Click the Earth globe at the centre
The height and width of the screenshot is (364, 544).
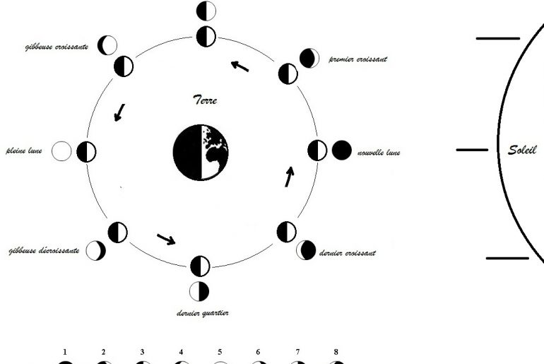tap(201, 153)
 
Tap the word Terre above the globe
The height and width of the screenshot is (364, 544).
tap(205, 100)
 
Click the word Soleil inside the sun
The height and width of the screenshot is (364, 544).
tap(522, 150)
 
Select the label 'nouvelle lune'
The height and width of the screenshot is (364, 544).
tap(379, 153)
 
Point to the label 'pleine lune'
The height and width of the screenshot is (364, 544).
tap(24, 151)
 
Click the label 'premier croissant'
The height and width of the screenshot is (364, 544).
tap(357, 59)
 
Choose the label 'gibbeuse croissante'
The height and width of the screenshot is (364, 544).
tap(57, 47)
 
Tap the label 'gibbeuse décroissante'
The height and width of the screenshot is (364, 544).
tap(44, 250)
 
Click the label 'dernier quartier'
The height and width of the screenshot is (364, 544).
tap(203, 313)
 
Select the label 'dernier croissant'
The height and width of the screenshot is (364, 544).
tap(348, 253)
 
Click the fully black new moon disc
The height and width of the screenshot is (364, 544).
tap(342, 151)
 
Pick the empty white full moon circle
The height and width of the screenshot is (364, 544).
tap(61, 151)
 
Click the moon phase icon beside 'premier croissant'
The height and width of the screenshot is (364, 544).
tap(309, 58)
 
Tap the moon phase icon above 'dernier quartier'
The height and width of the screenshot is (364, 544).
tap(199, 291)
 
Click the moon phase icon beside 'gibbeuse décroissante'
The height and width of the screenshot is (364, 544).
tap(96, 250)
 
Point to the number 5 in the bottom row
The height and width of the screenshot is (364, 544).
tap(220, 352)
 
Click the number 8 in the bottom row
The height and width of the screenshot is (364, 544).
tap(336, 352)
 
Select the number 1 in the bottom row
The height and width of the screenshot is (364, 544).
tap(65, 352)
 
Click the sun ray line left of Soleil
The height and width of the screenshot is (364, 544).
tap(472, 150)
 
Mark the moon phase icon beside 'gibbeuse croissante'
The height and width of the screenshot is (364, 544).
tap(107, 45)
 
